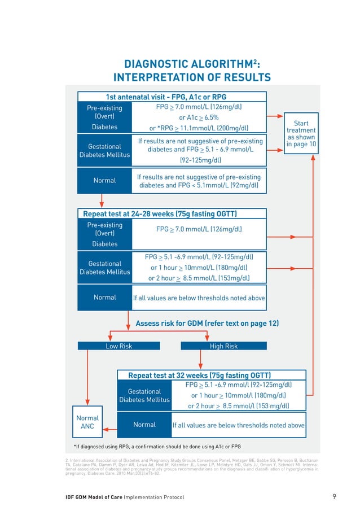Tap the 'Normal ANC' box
click(x=87, y=422)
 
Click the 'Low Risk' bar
click(x=119, y=346)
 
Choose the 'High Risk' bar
click(x=223, y=346)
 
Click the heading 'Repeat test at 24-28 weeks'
click(x=160, y=214)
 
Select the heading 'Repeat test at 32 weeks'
click(x=200, y=375)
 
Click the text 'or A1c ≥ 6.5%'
click(x=199, y=117)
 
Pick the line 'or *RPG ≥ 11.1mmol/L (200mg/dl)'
click(x=199, y=128)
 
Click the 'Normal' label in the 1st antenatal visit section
click(x=104, y=181)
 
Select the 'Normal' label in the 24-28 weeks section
click(x=104, y=298)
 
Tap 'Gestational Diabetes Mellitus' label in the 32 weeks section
click(x=144, y=395)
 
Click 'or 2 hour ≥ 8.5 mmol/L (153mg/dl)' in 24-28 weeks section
click(x=199, y=278)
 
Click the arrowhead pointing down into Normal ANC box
click(x=87, y=402)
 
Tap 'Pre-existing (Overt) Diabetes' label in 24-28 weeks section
click(x=104, y=234)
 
